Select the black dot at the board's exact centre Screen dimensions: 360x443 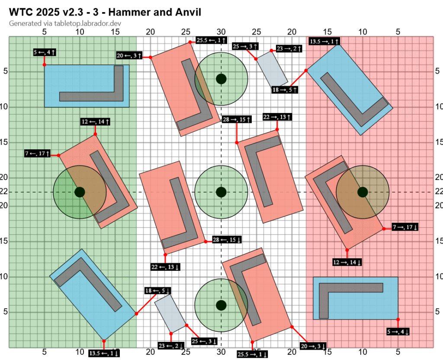(x=221, y=192)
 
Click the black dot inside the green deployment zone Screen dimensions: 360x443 (x=80, y=192)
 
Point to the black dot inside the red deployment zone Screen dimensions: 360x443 (x=363, y=192)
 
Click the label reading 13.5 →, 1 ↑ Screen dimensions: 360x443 (x=324, y=42)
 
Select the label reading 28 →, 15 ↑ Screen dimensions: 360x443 (x=236, y=119)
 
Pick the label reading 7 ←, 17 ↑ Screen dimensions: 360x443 (x=38, y=154)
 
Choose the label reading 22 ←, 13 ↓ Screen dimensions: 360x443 (x=166, y=267)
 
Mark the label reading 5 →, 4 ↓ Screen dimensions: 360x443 (x=398, y=331)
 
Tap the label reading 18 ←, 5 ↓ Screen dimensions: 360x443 (x=157, y=291)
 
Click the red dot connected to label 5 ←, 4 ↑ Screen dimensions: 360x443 (x=45, y=64)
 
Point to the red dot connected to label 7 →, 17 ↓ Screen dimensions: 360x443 (x=384, y=229)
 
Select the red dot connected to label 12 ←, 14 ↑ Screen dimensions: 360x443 (x=95, y=134)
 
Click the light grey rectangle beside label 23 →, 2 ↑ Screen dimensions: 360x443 (x=272, y=71)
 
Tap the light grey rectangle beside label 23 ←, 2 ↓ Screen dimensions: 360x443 (x=170, y=312)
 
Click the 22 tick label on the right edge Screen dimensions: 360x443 (x=437, y=192)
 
